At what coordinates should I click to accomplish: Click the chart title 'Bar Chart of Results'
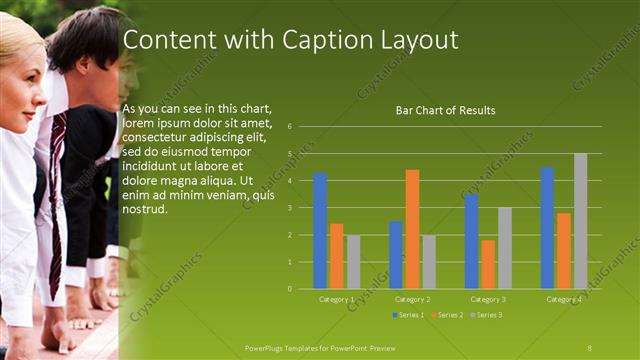tap(447, 110)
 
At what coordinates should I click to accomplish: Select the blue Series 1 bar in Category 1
tap(320, 230)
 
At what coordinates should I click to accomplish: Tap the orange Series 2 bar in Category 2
tap(412, 229)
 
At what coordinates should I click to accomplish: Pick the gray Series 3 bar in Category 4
tap(580, 221)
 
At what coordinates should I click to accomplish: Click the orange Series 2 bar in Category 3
tap(488, 264)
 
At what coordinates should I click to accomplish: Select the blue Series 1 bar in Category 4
tap(547, 228)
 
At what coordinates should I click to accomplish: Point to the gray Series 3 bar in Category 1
tap(353, 262)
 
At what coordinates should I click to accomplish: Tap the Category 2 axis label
tap(412, 299)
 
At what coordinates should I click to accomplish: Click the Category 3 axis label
tap(488, 299)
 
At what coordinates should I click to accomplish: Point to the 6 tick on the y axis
tap(289, 127)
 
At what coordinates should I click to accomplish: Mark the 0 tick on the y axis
tap(289, 289)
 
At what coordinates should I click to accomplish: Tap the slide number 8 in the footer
tap(589, 346)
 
